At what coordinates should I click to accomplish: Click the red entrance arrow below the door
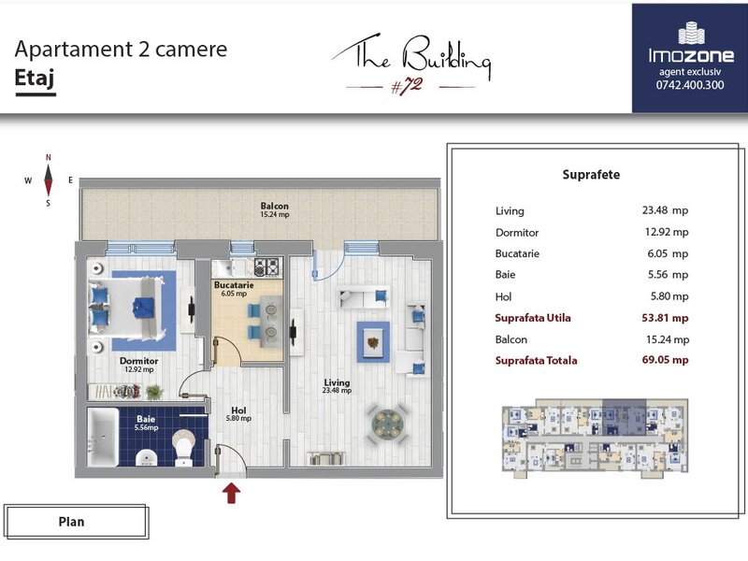(231, 493)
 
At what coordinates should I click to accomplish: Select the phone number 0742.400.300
(690, 85)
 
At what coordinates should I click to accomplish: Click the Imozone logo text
(691, 55)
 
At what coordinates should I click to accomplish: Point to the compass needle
(49, 180)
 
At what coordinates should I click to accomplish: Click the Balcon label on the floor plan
(274, 206)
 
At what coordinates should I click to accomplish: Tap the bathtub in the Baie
(104, 437)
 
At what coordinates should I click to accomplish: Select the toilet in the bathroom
(183, 447)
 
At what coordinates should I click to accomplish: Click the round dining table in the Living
(388, 424)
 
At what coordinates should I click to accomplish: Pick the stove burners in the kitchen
(266, 267)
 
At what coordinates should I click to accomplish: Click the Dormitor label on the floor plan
(138, 361)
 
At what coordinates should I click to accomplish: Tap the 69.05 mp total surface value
(665, 360)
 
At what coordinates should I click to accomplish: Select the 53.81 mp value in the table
(665, 318)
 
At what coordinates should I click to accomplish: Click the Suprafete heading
(591, 175)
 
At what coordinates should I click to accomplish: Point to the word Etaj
(35, 78)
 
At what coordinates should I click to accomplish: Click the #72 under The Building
(407, 86)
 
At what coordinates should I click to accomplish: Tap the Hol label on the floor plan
(238, 410)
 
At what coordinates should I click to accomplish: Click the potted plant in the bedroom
(154, 392)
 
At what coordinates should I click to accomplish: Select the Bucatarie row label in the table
(517, 253)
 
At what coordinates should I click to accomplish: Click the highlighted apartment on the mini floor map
(624, 416)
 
